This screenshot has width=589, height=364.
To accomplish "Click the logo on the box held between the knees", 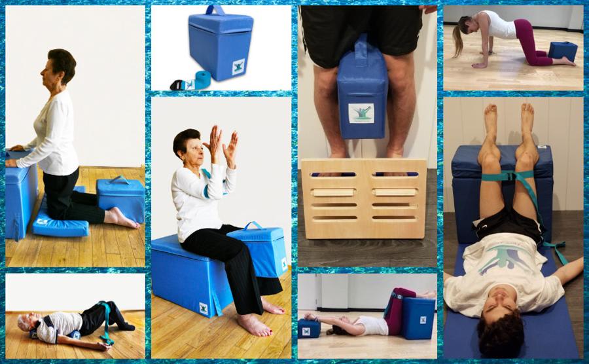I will [x=361, y=113].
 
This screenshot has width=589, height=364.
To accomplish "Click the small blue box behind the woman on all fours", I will [x=563, y=50].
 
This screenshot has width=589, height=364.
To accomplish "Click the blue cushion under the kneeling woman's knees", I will [x=60, y=224].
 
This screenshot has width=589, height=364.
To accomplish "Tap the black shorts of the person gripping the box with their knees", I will [x=361, y=29].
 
